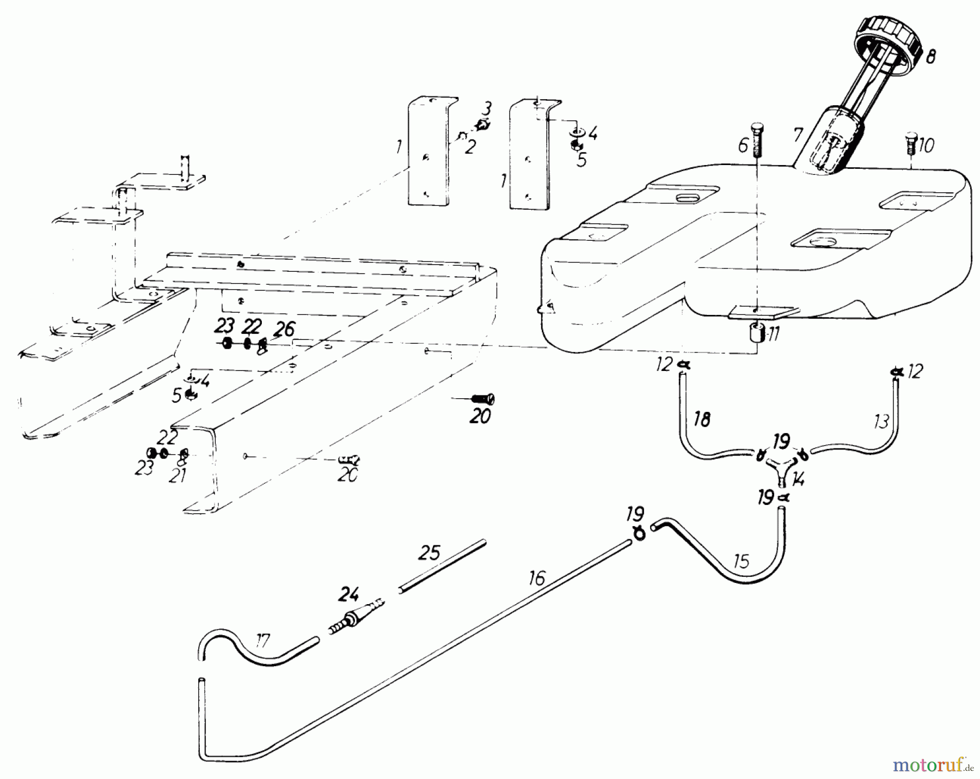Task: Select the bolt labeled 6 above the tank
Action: point(757,140)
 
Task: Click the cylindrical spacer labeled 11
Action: point(756,332)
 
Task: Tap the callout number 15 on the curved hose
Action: point(742,561)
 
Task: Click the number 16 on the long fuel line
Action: point(536,579)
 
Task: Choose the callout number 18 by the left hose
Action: point(702,420)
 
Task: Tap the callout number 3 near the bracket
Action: point(488,107)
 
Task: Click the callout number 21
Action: point(178,475)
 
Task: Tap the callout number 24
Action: point(349,594)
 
